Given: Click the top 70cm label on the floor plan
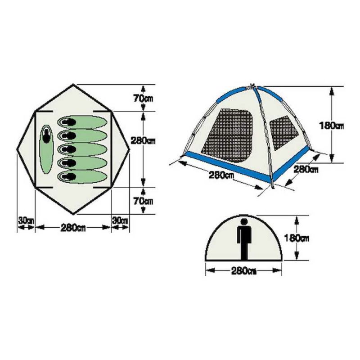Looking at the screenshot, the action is pos(143,99).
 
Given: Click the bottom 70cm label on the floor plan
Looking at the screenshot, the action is pos(143,201).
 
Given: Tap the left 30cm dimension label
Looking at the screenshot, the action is pos(26,220).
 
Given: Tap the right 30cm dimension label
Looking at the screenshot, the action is pos(120,220).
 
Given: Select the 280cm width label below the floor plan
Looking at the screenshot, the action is pos(73,228).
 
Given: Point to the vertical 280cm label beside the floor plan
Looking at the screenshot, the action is pos(143,140).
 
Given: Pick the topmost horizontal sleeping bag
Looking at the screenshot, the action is pos(82,122).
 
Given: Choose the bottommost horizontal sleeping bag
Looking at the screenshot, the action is pos(82,177).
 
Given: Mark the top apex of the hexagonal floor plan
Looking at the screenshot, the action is pos(73,84).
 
